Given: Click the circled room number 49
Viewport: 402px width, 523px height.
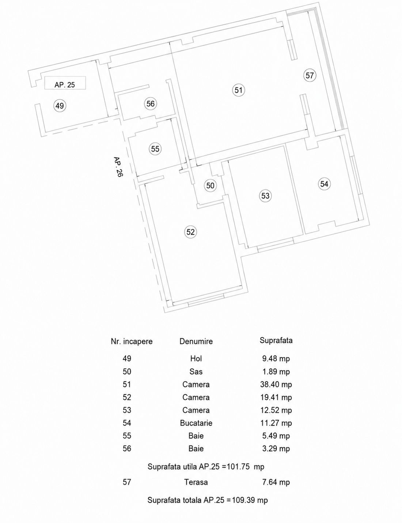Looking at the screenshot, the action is [60, 106].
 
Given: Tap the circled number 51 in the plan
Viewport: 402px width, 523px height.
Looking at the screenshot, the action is [238, 90].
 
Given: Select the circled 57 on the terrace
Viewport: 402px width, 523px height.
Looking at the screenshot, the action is [310, 75].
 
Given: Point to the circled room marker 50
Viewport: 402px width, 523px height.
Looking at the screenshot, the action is [210, 185].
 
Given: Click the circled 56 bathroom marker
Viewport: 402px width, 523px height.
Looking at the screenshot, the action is [151, 104].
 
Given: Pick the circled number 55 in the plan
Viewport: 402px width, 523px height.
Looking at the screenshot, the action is [155, 149].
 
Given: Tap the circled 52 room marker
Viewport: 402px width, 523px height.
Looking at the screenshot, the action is [190, 232].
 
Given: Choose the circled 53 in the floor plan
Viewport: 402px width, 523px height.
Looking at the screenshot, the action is [265, 196].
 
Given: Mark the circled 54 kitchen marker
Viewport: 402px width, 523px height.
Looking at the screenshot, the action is [324, 184].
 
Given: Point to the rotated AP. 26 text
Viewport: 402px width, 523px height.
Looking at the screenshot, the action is [118, 167].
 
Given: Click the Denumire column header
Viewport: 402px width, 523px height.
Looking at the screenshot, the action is [196, 341].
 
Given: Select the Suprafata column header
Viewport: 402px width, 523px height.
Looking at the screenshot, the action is [276, 340].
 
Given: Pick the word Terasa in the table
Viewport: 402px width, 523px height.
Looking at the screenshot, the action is [196, 482].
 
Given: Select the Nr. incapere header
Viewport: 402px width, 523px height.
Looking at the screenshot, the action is [132, 341].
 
